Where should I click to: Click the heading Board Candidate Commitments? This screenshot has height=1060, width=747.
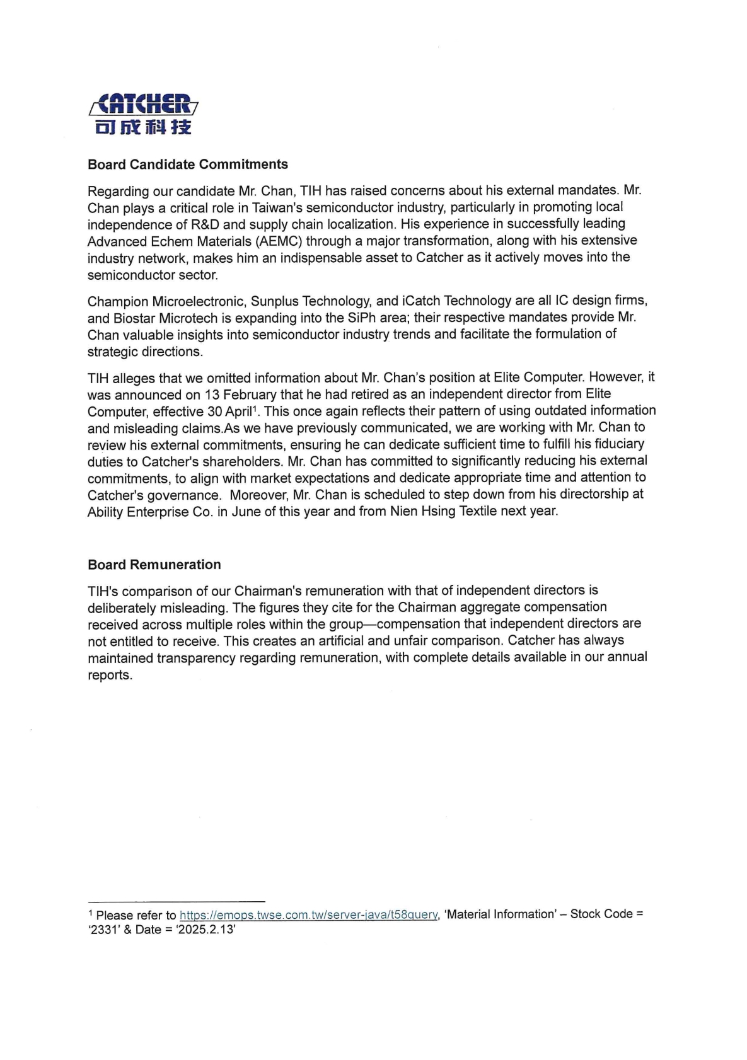[188, 164]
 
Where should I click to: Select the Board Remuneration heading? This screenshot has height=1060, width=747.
[154, 565]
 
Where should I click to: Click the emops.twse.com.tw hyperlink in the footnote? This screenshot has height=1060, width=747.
[308, 915]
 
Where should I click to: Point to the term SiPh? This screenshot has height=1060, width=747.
[344, 318]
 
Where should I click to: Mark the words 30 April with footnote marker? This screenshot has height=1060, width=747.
[232, 412]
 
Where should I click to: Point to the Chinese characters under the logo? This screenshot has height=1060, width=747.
[143, 127]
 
